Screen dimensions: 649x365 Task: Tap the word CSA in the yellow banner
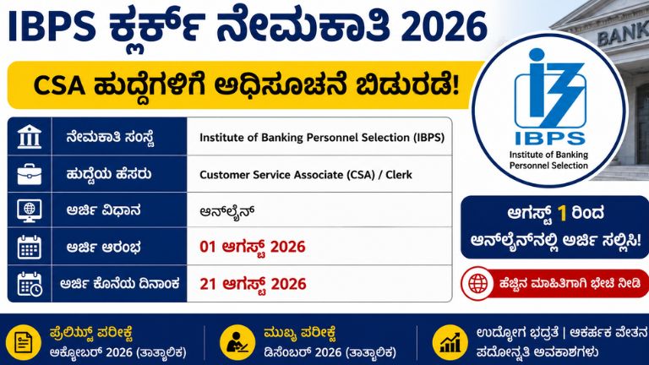(x=59, y=86)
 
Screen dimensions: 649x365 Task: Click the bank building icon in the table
(x=30, y=137)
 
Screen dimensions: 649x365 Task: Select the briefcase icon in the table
(x=30, y=174)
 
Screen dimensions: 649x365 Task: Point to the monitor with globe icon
(x=30, y=210)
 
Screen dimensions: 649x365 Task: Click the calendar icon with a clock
(x=30, y=284)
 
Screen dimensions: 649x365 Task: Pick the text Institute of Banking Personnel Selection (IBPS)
(x=322, y=138)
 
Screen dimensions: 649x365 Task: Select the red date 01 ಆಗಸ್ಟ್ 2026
(x=253, y=247)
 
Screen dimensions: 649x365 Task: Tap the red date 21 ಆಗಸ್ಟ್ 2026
(x=253, y=284)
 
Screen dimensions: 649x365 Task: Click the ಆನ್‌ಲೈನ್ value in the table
(x=226, y=211)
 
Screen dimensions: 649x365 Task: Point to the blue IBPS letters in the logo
(x=550, y=139)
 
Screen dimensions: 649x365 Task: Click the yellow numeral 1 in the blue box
(x=562, y=214)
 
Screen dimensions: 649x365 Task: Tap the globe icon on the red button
(x=477, y=284)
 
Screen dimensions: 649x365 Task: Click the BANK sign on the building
(x=623, y=35)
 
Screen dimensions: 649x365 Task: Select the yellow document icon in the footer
(x=24, y=343)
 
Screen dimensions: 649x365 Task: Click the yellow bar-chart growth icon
(x=450, y=343)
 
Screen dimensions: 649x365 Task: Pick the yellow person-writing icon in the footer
(x=237, y=343)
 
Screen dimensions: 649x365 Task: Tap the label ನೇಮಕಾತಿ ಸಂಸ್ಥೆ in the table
(x=110, y=137)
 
